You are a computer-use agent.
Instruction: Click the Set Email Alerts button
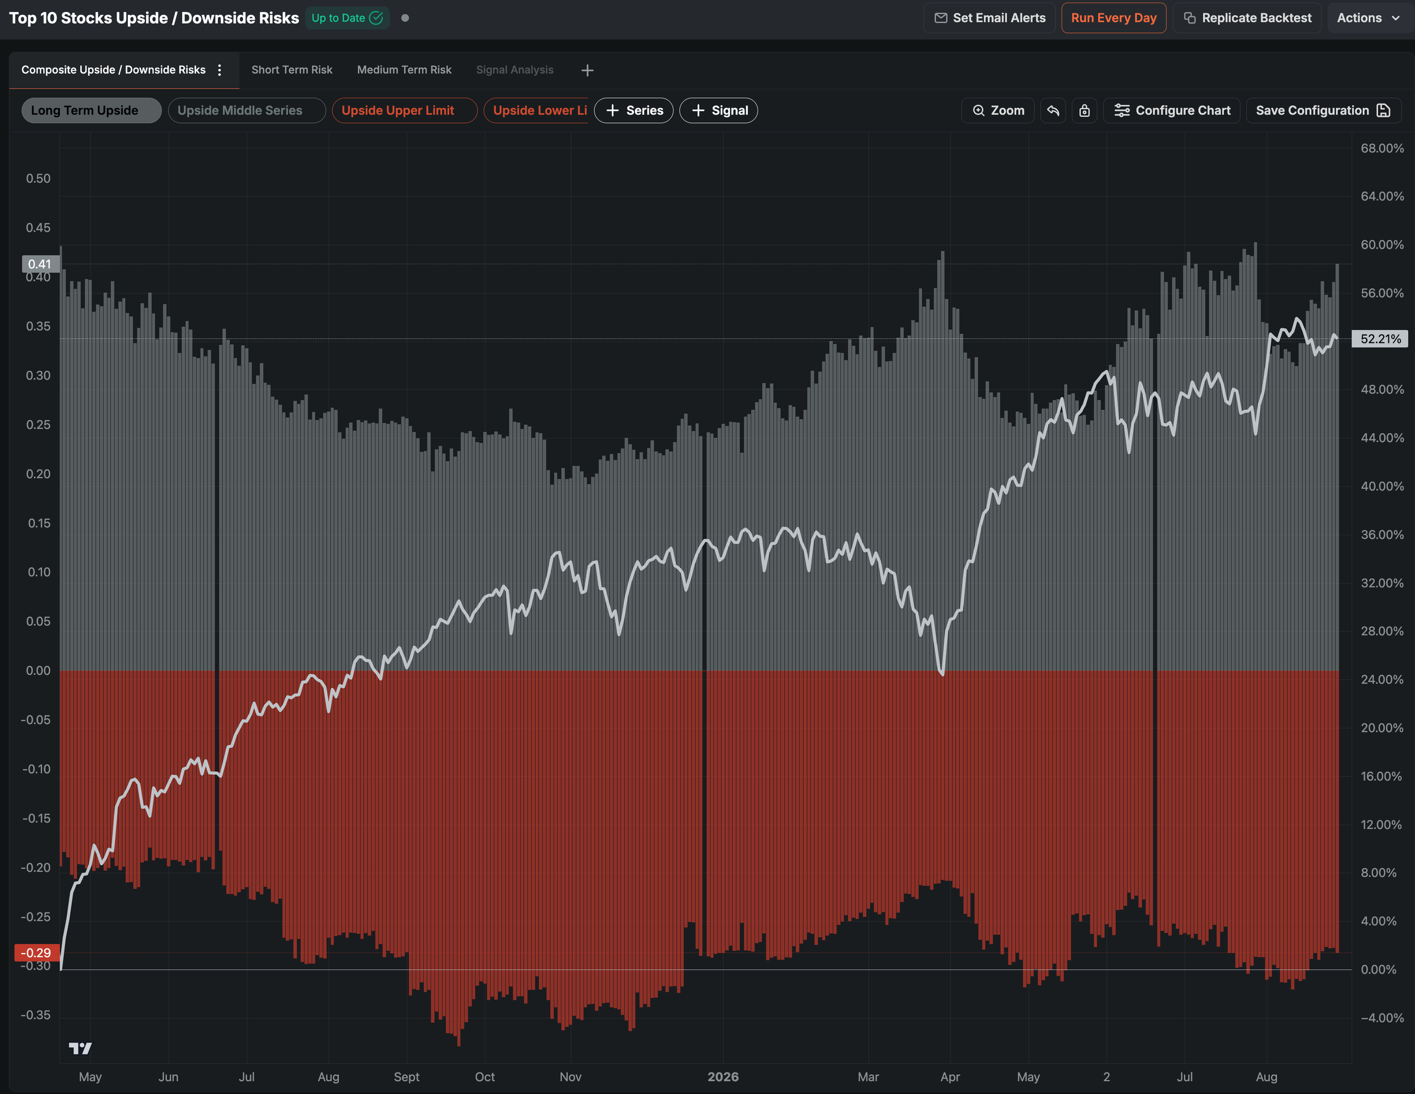(989, 18)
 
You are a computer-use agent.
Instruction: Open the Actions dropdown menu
(1369, 18)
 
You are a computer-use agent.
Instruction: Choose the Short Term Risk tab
(291, 70)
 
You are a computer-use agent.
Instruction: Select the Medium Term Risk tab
(404, 70)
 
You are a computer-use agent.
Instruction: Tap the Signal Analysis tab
(514, 70)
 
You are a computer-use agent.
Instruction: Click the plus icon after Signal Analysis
(587, 71)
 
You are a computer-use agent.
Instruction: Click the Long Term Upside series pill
(91, 111)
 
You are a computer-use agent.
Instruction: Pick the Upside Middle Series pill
(247, 111)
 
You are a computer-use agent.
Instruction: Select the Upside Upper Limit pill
(405, 111)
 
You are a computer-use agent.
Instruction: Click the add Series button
(634, 111)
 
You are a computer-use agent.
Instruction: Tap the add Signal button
(718, 111)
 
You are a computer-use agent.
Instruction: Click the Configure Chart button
(1172, 111)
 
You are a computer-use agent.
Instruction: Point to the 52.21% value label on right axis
(1380, 339)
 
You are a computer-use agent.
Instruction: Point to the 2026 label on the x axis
(723, 1076)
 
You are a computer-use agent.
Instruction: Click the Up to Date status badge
(348, 18)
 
